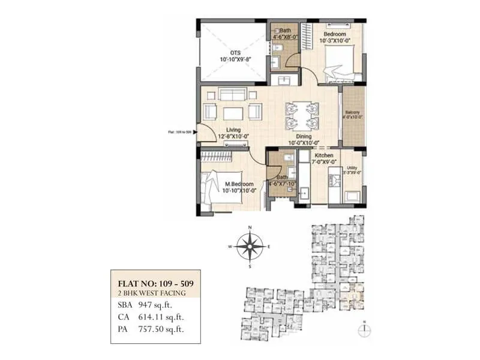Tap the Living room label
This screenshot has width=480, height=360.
[233, 130]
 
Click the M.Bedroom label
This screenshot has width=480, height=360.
[239, 184]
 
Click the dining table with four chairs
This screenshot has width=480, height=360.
[301, 115]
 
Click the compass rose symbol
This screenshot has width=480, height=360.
[250, 246]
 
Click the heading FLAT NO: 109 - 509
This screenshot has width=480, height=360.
[154, 283]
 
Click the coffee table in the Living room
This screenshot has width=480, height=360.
[233, 113]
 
